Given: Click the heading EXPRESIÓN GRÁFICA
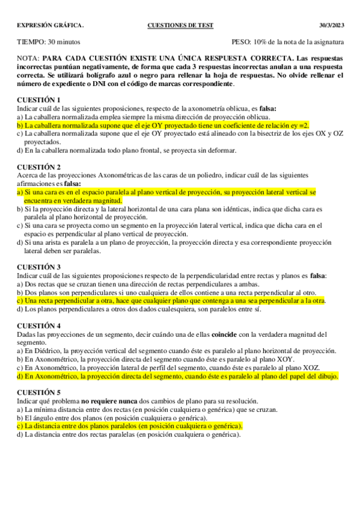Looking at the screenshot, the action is click(x=50, y=25).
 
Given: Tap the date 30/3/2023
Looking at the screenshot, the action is click(x=331, y=25).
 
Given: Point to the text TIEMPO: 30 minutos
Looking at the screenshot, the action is click(x=49, y=43).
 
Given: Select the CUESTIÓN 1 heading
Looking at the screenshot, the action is click(x=39, y=100).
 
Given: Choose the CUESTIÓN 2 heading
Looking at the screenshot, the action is click(x=39, y=167).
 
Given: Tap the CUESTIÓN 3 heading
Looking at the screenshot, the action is click(x=39, y=266).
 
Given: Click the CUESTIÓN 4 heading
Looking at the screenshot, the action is click(x=39, y=325).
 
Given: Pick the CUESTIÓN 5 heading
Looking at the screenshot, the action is click(x=39, y=392).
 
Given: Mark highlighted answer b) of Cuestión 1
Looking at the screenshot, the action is click(x=162, y=125).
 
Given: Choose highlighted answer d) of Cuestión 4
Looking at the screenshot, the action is click(x=177, y=376).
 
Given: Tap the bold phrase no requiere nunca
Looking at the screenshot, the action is click(x=107, y=401).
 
